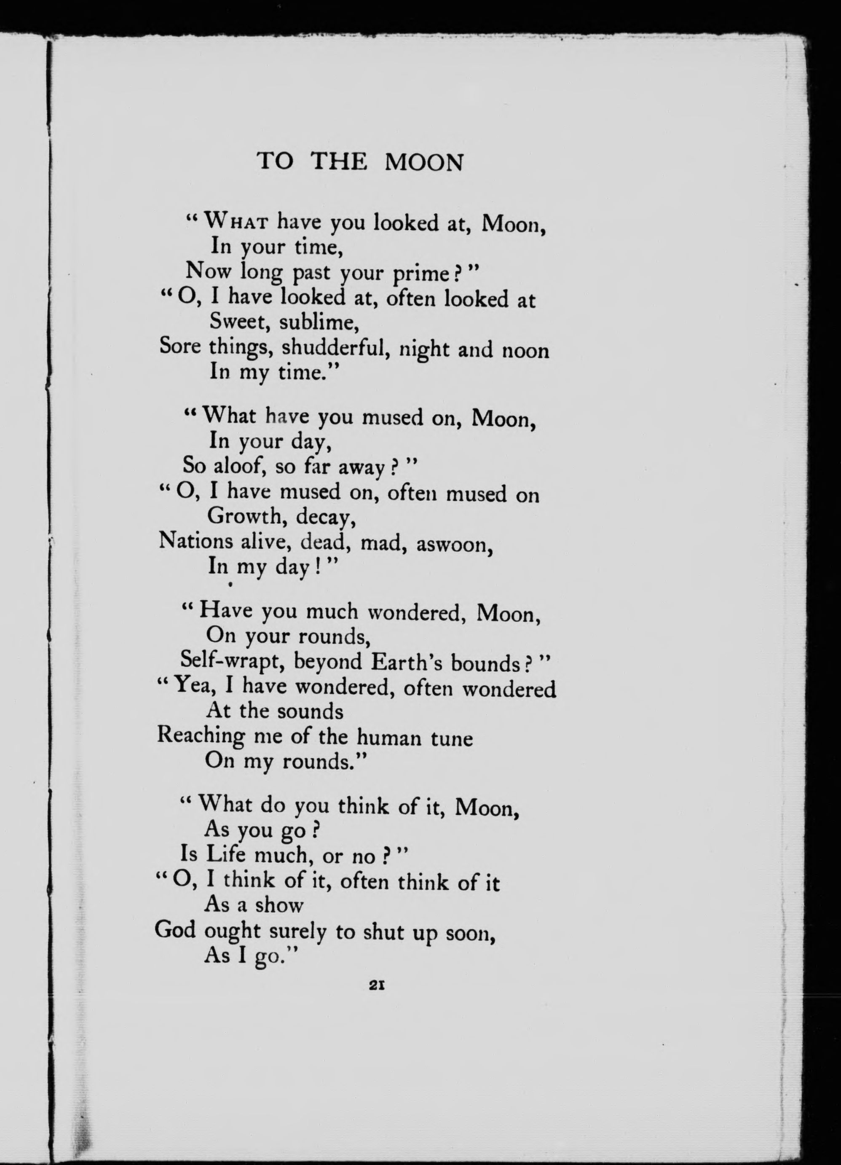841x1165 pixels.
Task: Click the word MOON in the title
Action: click(424, 162)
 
